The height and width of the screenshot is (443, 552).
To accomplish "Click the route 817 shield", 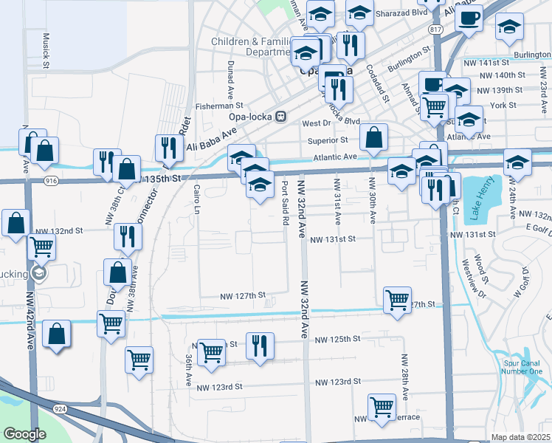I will [x=436, y=29].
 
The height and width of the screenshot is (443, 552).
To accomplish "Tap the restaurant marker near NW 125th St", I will [x=260, y=346].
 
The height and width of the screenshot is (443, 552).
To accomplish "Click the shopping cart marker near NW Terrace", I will [x=382, y=406].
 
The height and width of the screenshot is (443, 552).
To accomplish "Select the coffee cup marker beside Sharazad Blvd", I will [x=469, y=17].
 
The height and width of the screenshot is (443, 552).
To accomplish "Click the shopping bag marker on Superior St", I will [x=375, y=137].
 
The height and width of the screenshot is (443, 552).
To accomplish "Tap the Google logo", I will [x=24, y=434].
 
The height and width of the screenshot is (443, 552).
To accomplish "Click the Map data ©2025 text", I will [x=520, y=437].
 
